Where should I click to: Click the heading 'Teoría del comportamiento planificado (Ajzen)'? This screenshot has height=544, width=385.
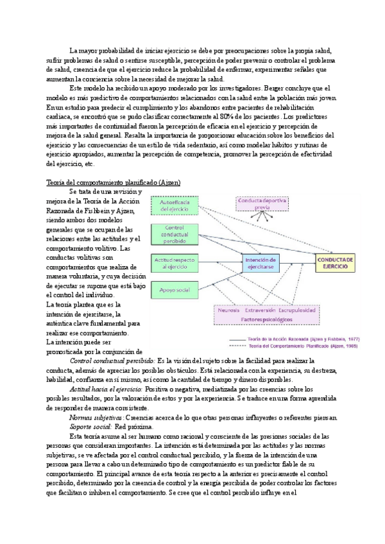point(113,182)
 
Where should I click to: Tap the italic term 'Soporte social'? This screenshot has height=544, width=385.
point(90,426)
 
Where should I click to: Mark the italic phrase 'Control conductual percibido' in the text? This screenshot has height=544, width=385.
point(111,361)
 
